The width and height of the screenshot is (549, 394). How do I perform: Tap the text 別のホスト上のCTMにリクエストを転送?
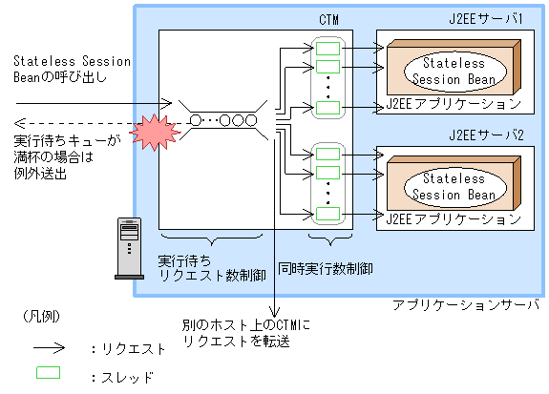[251, 331]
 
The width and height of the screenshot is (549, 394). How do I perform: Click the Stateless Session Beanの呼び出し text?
[72, 69]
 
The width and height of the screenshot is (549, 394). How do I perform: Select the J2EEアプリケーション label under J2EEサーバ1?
[454, 102]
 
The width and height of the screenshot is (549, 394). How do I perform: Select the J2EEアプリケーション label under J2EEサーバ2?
[454, 218]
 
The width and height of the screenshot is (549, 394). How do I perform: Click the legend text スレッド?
[125, 377]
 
